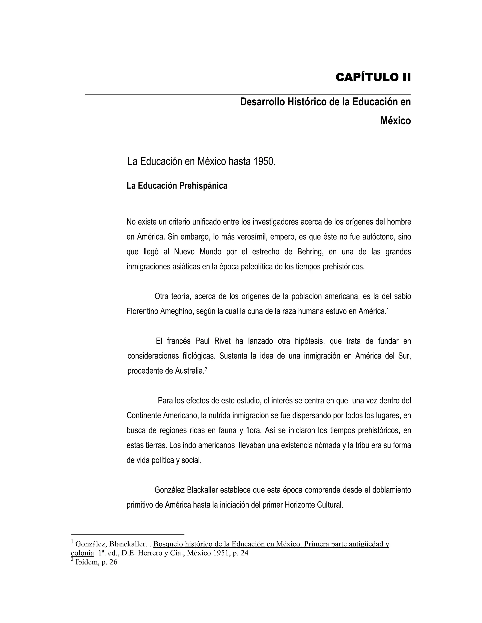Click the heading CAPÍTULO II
click(373, 77)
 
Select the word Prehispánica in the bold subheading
click(203, 186)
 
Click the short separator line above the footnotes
click(127, 535)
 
